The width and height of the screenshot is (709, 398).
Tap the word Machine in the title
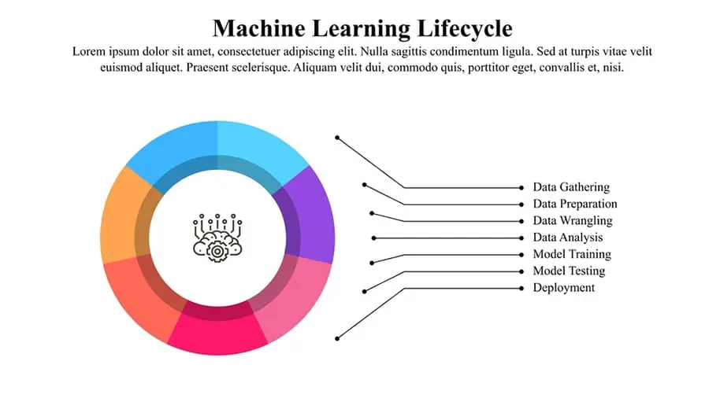pyautogui.click(x=259, y=28)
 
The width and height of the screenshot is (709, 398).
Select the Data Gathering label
pyautogui.click(x=571, y=187)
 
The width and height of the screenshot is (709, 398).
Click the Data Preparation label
pyautogui.click(x=575, y=204)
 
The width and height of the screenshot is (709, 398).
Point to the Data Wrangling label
pyautogui.click(x=573, y=221)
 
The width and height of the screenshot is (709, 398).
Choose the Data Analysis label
pyautogui.click(x=567, y=238)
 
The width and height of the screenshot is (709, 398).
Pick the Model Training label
pyautogui.click(x=572, y=254)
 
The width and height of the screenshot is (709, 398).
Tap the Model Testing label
pyautogui.click(x=569, y=271)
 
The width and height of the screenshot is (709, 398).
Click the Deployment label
pyautogui.click(x=564, y=288)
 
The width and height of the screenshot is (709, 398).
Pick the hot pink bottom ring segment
pyautogui.click(x=217, y=332)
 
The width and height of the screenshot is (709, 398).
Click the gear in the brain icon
pyautogui.click(x=217, y=252)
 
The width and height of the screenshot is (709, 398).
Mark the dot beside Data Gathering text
pyautogui.click(x=522, y=188)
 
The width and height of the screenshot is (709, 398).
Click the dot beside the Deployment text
pyautogui.click(x=522, y=289)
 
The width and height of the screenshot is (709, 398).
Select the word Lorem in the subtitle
pyautogui.click(x=89, y=51)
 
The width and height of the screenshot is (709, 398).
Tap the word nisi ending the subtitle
pyautogui.click(x=613, y=68)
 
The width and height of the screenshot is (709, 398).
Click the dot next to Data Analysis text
pyautogui.click(x=522, y=238)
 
